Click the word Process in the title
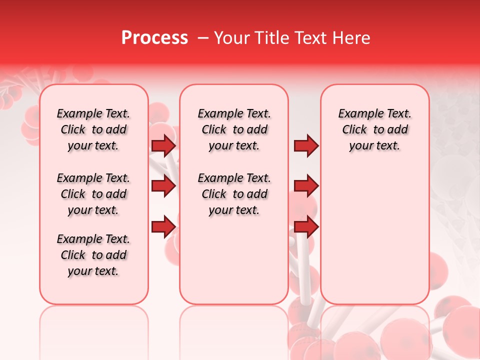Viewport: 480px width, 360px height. pyautogui.click(x=154, y=38)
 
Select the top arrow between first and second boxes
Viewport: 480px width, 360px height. pyautogui.click(x=163, y=145)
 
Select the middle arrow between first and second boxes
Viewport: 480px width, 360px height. pyautogui.click(x=163, y=186)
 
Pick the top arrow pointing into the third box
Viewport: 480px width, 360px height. pyautogui.click(x=306, y=145)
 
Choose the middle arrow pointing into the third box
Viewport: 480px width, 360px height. pyautogui.click(x=306, y=186)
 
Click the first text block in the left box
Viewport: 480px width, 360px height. pyautogui.click(x=93, y=129)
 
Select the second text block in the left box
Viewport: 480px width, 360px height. pyautogui.click(x=93, y=194)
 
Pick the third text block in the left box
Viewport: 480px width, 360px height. pyautogui.click(x=93, y=255)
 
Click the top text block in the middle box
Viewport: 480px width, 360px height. pyautogui.click(x=234, y=129)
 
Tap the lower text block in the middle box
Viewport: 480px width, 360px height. pyautogui.click(x=234, y=194)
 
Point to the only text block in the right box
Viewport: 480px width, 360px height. pyautogui.click(x=375, y=129)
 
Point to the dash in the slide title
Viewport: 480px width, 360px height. pyautogui.click(x=203, y=38)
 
